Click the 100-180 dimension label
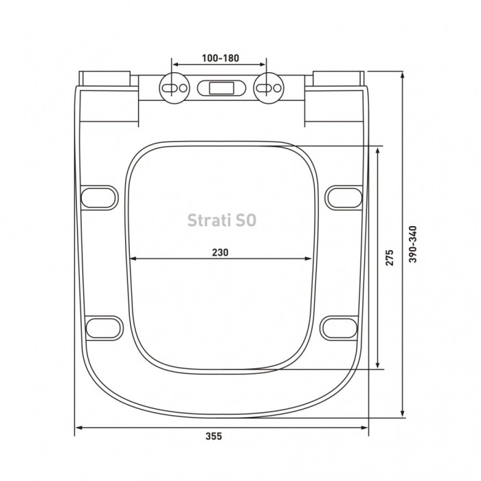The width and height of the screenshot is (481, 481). [x=220, y=58]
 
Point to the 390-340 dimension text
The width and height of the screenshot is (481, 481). [x=412, y=245]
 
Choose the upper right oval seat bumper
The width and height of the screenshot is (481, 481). [x=342, y=197]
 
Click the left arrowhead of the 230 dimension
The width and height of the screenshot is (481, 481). [x=133, y=259]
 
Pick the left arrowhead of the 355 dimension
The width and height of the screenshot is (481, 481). [x=78, y=428]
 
